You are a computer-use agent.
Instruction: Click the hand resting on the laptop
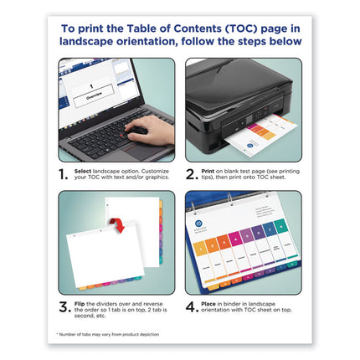[x=151, y=127]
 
